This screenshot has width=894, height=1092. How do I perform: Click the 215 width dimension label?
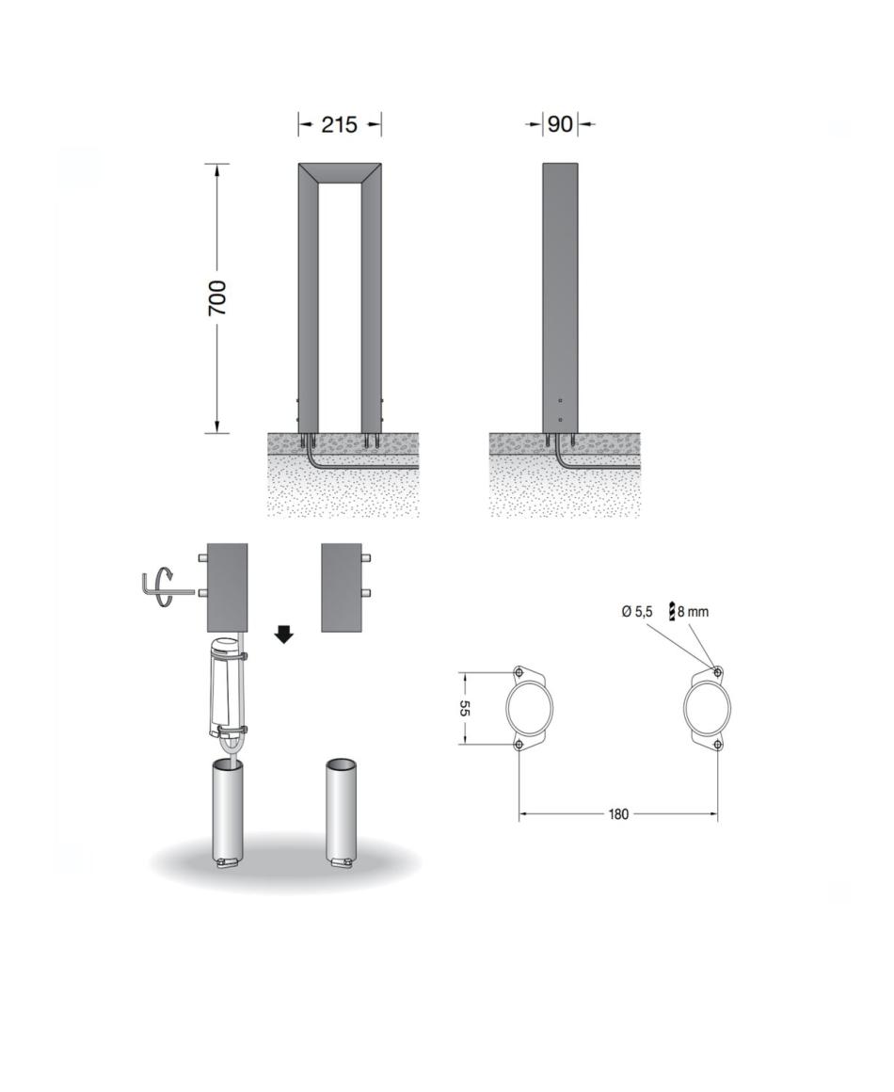tap(339, 124)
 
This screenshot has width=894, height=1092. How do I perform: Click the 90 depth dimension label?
tap(561, 124)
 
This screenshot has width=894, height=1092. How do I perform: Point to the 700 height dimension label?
tap(217, 297)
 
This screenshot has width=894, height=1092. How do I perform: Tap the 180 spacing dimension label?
tap(618, 813)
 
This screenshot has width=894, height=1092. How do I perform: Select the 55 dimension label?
tap(464, 708)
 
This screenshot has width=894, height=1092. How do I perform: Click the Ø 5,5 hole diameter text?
tap(637, 612)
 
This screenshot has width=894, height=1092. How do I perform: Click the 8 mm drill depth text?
tap(693, 612)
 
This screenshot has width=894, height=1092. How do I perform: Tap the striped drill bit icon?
tap(672, 611)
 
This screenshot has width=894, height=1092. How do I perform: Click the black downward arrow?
tap(284, 634)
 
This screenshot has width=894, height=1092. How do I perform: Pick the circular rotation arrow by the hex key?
tap(163, 588)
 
